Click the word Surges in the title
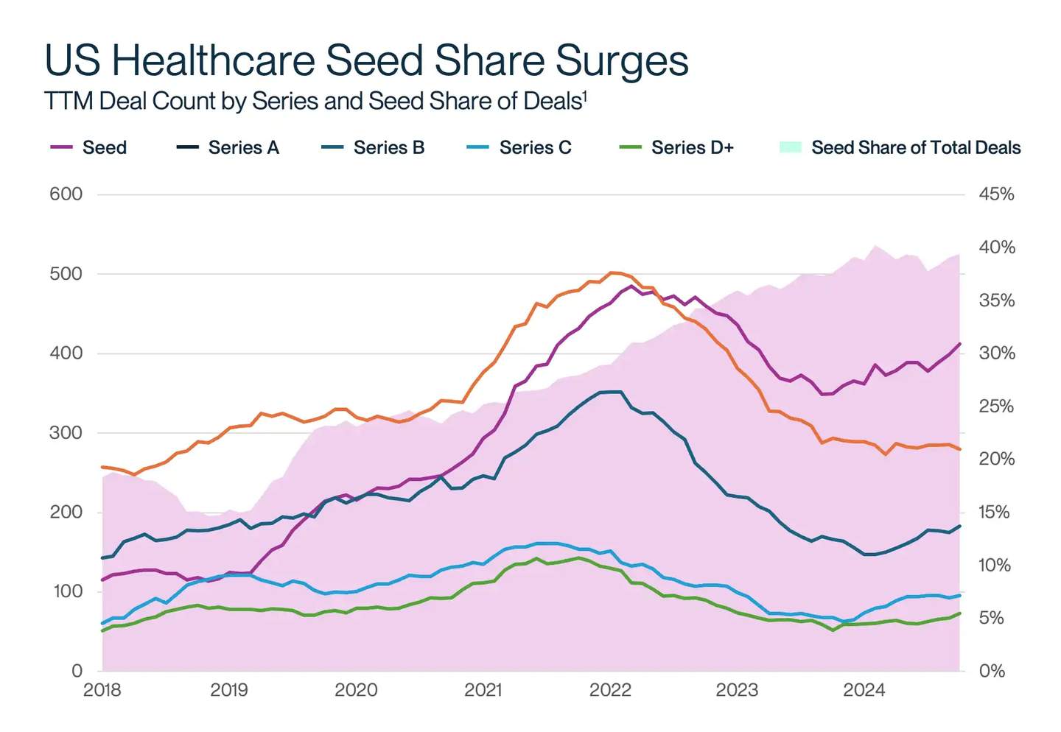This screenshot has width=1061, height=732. [622, 60]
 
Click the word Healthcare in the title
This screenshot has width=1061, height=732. [214, 60]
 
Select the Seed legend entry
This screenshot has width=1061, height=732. [104, 147]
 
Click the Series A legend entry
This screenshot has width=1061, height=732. [243, 147]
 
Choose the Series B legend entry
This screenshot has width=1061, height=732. [388, 147]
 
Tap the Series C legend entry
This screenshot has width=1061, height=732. [535, 147]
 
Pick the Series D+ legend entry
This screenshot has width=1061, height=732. [692, 147]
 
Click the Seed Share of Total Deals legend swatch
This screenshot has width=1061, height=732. [790, 147]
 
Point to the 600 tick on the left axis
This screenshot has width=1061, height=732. [66, 194]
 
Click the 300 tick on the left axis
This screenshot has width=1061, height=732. [66, 433]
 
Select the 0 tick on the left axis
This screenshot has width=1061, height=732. [77, 671]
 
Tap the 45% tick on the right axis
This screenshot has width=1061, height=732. [996, 194]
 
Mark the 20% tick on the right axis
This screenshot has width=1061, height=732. [996, 459]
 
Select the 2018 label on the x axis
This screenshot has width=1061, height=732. [102, 690]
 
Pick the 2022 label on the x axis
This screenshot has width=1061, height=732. [610, 690]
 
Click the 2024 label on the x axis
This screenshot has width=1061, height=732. [864, 690]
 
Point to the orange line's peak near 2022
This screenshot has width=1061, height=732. [612, 272]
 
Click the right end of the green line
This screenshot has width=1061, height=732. [959, 613]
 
